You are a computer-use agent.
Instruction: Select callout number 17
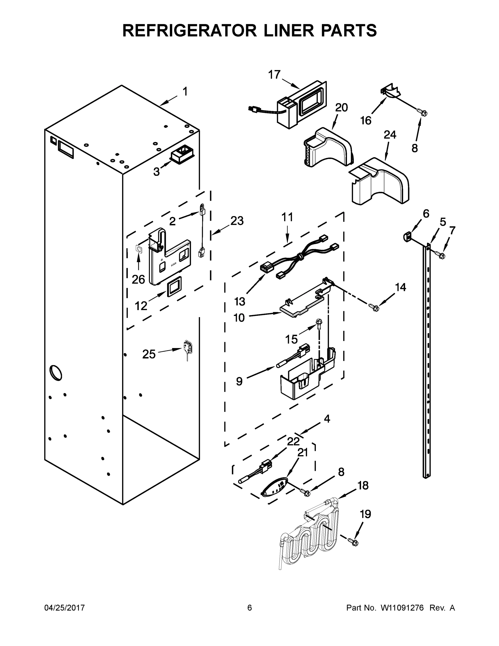click(274, 75)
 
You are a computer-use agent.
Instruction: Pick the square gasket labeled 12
click(175, 287)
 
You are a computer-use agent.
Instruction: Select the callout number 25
click(149, 354)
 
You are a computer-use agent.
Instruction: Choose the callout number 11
click(287, 217)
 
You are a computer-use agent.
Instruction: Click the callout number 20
click(341, 108)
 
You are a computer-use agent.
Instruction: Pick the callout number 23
click(237, 221)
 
